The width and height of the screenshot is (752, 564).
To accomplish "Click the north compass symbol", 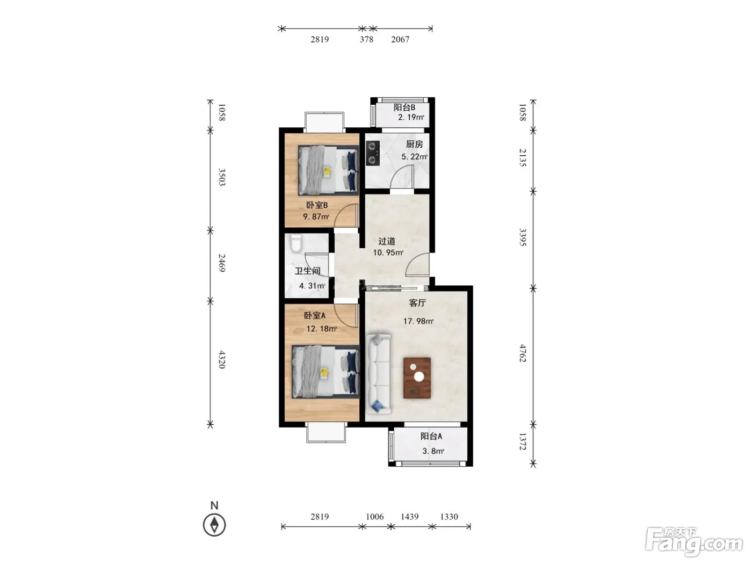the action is pos(214,524).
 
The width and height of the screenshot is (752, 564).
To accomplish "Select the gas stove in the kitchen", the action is pos(372,153).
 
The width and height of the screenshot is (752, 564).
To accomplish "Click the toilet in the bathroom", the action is pos(295,243).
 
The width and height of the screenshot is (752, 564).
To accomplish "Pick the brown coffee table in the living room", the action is pos(417,378).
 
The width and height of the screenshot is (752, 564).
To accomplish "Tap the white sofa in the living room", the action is pos(379,374).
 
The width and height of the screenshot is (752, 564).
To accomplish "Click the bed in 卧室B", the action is pos(328,170).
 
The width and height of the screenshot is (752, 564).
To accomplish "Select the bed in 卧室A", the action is pos(326,372).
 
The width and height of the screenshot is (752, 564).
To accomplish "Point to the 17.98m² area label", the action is pos(418,321).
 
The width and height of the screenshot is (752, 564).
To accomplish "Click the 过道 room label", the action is pos(387,241).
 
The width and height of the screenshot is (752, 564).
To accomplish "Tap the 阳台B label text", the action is pos(404,107).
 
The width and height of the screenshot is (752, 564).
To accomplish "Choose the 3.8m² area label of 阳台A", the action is pos(433,451).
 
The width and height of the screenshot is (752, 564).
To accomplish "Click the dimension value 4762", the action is pos(522,353).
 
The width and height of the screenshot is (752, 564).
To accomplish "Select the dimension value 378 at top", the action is pos(366,39).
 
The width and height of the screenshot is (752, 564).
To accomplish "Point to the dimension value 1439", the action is pos(410,516).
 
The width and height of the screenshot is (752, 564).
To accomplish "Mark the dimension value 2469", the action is pos(222,263).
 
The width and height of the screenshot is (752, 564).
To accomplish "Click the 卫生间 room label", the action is pos(308,271).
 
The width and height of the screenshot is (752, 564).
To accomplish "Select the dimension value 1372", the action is pos(522,442).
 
